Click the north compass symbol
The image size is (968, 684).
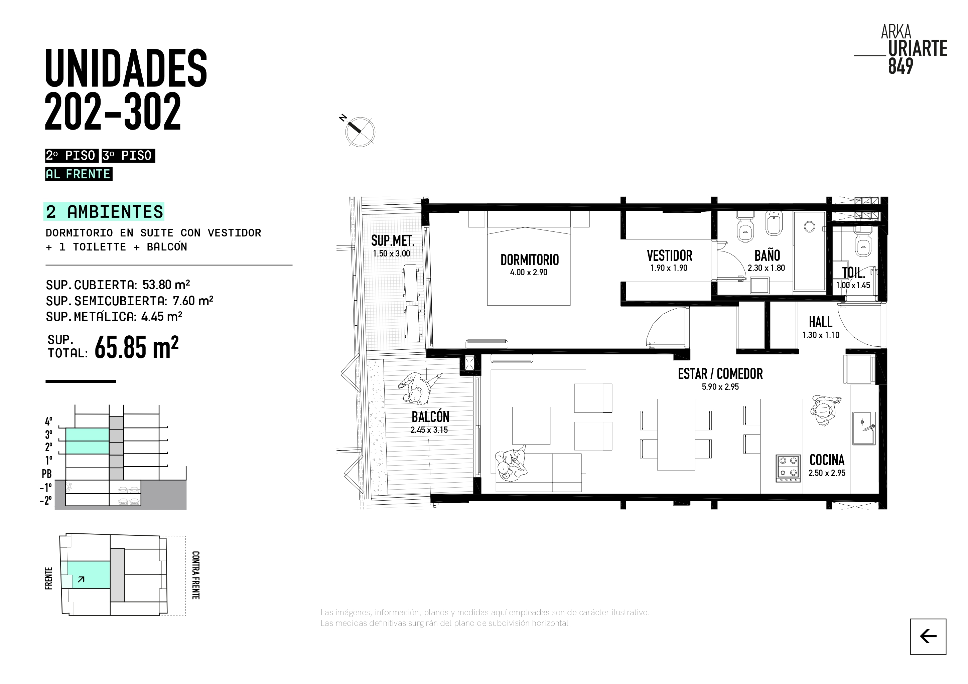[360, 131]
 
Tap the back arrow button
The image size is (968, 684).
[928, 636]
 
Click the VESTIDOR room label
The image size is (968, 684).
[670, 255]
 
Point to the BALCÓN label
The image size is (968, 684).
[430, 417]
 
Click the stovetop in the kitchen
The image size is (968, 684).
[788, 468]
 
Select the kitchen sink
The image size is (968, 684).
[864, 428]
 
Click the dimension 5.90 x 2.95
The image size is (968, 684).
[720, 387]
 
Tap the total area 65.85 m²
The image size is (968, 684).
[137, 347]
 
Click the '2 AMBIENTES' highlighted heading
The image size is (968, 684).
[104, 211]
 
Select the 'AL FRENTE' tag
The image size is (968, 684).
[79, 174]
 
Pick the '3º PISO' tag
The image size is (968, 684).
[128, 156]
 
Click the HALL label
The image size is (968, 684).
[820, 322]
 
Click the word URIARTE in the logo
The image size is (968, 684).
[918, 48]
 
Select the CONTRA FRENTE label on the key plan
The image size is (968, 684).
[195, 575]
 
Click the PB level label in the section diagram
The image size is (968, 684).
[46, 474]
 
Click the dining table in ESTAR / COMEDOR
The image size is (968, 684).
[676, 434]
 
